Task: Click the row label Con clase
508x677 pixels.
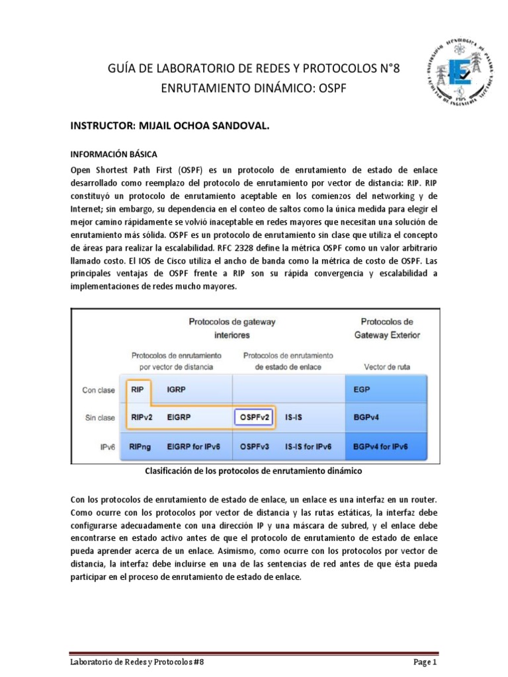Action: pyautogui.click(x=98, y=390)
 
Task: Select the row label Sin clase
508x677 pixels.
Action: pyautogui.click(x=99, y=418)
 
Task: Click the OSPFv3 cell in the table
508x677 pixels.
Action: pyautogui.click(x=255, y=447)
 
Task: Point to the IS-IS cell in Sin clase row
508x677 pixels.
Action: pyautogui.click(x=295, y=418)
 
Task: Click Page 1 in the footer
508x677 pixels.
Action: pyautogui.click(x=425, y=661)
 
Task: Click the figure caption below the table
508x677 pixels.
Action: pyautogui.click(x=253, y=471)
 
